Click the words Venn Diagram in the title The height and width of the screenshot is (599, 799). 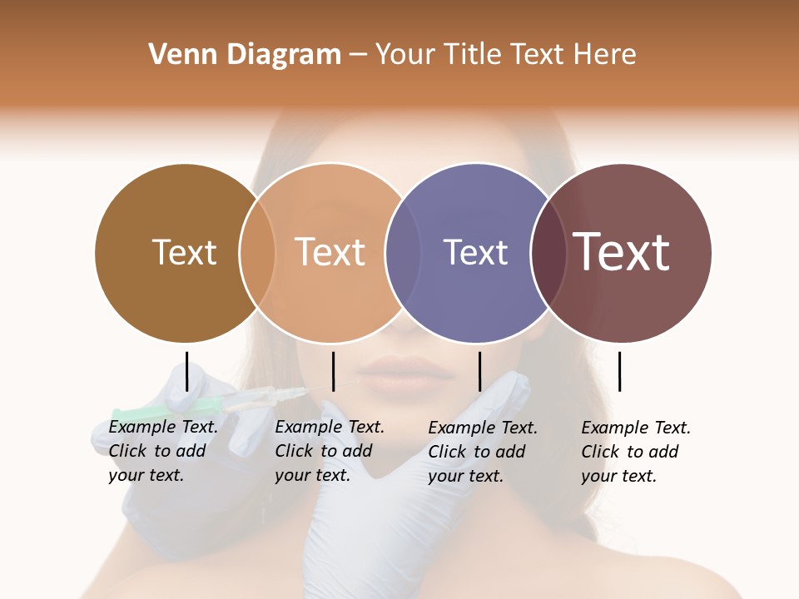(x=245, y=55)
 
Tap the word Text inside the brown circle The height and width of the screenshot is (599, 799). (x=184, y=252)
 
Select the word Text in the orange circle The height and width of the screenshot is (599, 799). (x=330, y=252)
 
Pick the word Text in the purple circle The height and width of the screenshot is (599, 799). (x=475, y=252)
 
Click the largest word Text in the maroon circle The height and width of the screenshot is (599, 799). (x=622, y=251)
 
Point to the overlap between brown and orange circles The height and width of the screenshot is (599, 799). (x=257, y=252)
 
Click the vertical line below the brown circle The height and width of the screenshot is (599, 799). (x=186, y=371)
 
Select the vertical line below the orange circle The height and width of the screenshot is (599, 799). (x=333, y=371)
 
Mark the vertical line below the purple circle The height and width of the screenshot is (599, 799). (x=479, y=371)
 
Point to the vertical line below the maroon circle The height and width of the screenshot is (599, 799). (x=619, y=371)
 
